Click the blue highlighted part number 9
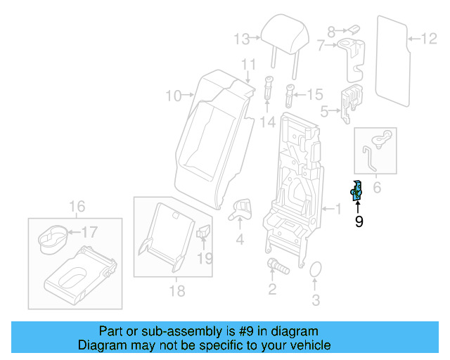click(356, 190)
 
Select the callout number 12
click(428, 39)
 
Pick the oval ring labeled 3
click(316, 271)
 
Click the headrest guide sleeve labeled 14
click(269, 88)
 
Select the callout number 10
click(173, 95)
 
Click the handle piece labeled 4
click(241, 207)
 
